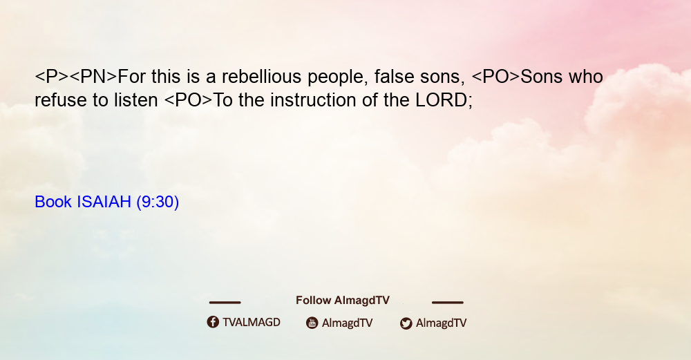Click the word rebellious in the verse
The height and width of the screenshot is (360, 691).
tap(262, 77)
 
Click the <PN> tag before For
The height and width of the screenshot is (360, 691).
tap(93, 77)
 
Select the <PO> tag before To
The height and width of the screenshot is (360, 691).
tap(188, 100)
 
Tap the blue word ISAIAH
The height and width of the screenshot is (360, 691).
tap(104, 202)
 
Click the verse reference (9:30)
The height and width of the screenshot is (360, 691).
tap(158, 202)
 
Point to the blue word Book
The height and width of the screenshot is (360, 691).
tap(53, 202)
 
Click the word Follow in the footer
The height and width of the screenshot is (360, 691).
tap(313, 301)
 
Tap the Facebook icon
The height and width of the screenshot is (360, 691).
tap(213, 322)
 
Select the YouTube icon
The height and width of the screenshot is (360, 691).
tap(312, 323)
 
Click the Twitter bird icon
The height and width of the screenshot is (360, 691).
tap(406, 323)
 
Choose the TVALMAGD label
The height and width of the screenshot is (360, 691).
tap(252, 322)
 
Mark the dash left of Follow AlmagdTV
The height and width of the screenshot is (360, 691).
tap(225, 303)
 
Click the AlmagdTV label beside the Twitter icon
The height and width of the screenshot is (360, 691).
tap(441, 323)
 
